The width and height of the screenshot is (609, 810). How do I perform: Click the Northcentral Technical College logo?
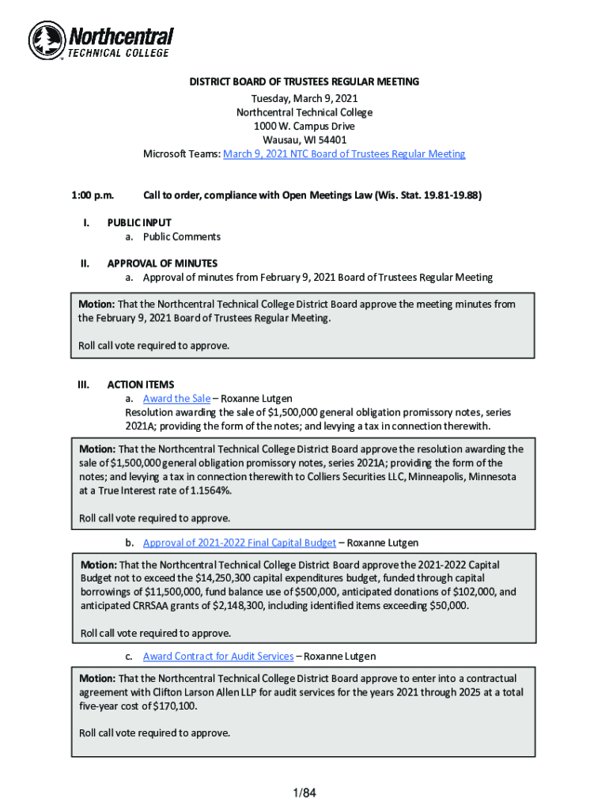click(x=100, y=40)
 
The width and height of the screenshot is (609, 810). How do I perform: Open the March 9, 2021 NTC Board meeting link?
click(x=344, y=154)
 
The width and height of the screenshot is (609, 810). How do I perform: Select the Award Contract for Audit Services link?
click(x=218, y=657)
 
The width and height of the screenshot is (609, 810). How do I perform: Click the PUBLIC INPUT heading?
click(x=139, y=223)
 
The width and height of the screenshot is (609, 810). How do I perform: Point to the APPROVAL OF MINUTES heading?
click(x=162, y=263)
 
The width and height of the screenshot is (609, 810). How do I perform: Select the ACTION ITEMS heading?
click(x=141, y=385)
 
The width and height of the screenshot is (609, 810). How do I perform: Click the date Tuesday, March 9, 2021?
click(x=304, y=98)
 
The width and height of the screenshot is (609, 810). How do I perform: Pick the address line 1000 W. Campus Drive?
click(x=304, y=127)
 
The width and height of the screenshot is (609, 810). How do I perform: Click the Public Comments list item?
click(x=181, y=237)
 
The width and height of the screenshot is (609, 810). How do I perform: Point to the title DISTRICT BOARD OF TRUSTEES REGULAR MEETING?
click(x=304, y=82)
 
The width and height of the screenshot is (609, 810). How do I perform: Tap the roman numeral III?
click(x=82, y=385)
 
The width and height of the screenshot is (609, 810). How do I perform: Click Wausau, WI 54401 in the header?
click(x=304, y=140)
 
